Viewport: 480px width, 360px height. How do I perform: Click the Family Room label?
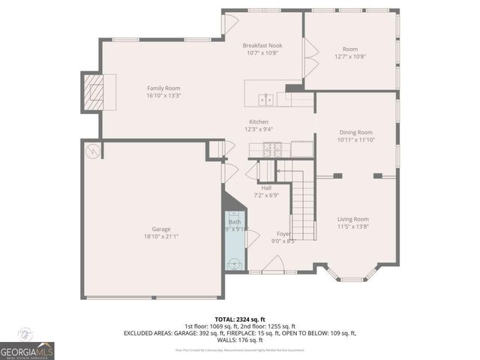click(163, 88)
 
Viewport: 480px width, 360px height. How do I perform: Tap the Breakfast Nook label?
click(262, 46)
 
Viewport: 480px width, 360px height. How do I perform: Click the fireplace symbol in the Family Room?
click(94, 91)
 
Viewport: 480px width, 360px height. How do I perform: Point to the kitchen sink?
click(265, 98)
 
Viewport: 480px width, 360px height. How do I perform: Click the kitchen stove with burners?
click(268, 150)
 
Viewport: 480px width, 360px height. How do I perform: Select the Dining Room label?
click(355, 132)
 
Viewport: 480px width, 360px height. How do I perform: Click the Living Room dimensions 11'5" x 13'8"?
click(352, 226)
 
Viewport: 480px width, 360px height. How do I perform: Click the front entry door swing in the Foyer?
click(274, 262)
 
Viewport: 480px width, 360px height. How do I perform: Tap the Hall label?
click(266, 187)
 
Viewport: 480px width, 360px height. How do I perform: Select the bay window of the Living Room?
click(352, 274)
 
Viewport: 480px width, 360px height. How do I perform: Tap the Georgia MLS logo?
click(27, 349)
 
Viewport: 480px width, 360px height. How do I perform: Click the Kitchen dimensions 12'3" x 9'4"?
click(259, 129)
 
